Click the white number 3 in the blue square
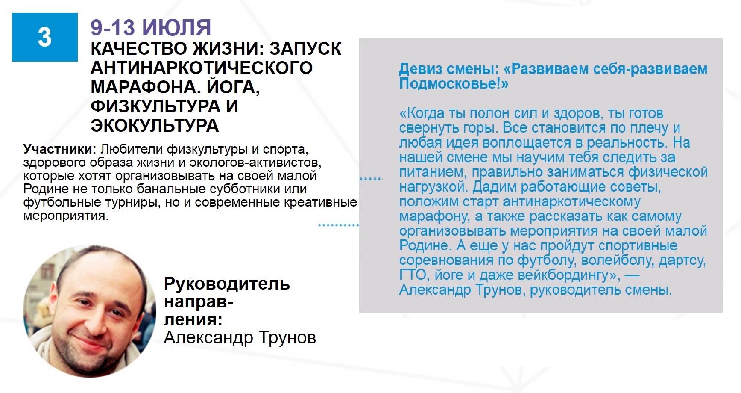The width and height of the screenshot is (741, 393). [45, 37]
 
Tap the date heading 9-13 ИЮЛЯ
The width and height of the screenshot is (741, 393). [151, 28]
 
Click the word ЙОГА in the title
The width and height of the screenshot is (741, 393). [233, 87]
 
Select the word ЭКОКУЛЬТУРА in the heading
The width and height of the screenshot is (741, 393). [155, 126]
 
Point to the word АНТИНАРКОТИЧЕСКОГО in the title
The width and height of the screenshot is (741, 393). [202, 68]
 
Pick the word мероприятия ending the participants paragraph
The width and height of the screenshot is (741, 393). [65, 216]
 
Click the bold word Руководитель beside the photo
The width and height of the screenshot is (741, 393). [227, 284]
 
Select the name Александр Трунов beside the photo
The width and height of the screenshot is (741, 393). [240, 338]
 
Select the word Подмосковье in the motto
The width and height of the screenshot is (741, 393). [450, 83]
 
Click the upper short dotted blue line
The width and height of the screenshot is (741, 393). [371, 179]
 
